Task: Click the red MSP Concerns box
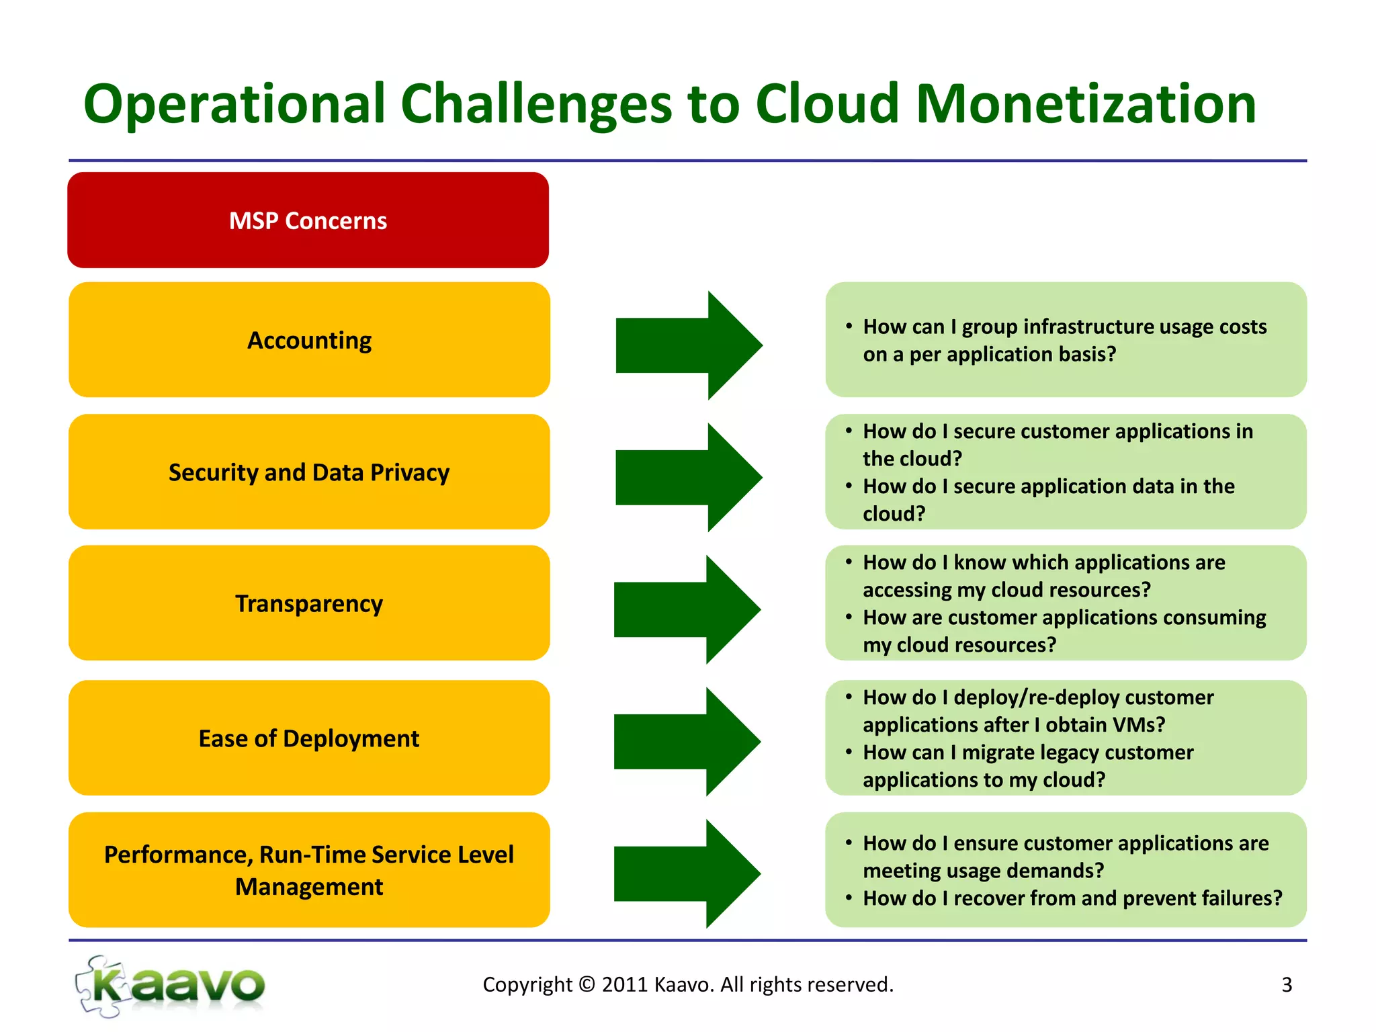click(x=308, y=220)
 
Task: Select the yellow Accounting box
click(x=309, y=340)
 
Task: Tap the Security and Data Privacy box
click(x=309, y=472)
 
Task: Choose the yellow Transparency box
click(x=309, y=603)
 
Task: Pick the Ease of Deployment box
click(x=309, y=738)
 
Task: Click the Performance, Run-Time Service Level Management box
click(x=309, y=870)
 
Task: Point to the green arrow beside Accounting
click(x=689, y=345)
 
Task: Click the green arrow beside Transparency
click(x=687, y=609)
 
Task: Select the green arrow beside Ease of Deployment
click(x=687, y=742)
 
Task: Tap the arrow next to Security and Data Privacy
click(x=689, y=478)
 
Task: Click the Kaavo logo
click(x=171, y=986)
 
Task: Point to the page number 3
click(x=1287, y=985)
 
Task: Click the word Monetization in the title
click(x=1086, y=105)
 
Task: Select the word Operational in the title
click(x=234, y=105)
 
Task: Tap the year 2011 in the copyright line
click(x=624, y=984)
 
